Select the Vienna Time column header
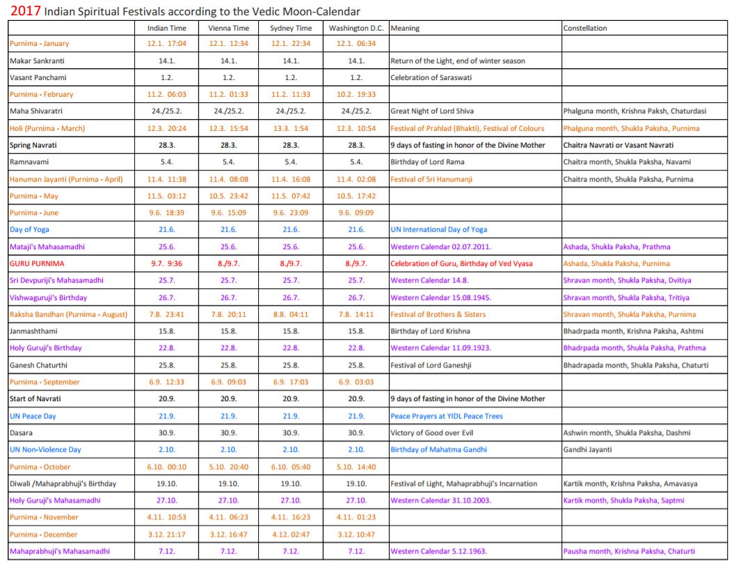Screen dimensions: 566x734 click(x=228, y=29)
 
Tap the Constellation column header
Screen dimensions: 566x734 click(x=585, y=29)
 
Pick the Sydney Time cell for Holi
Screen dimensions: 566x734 click(x=291, y=128)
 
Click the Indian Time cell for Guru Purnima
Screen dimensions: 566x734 click(x=167, y=264)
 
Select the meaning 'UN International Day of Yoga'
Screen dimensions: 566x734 click(x=438, y=230)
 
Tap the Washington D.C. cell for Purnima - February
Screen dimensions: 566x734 click(x=356, y=95)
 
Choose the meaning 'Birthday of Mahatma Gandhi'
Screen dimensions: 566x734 click(x=438, y=450)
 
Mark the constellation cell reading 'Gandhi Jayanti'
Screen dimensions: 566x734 click(x=588, y=450)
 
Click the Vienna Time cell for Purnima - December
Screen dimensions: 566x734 click(x=228, y=535)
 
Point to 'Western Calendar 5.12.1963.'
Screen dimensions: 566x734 click(x=438, y=551)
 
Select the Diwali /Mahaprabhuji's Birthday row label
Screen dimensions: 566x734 click(x=63, y=484)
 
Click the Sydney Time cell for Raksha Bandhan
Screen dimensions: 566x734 click(x=291, y=315)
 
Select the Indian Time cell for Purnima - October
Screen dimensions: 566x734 click(x=167, y=467)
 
